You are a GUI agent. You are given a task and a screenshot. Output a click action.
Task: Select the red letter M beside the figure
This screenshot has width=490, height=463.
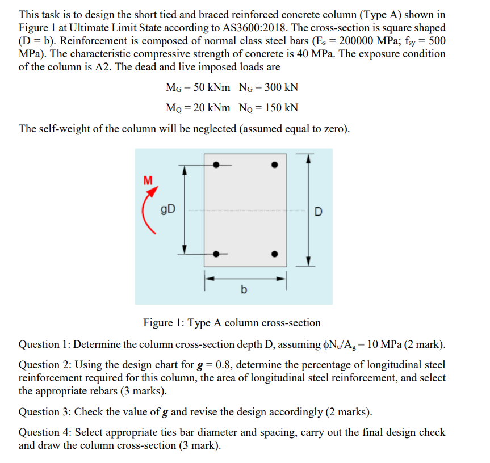(148, 181)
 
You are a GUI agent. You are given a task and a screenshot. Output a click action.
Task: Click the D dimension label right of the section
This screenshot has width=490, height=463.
(318, 212)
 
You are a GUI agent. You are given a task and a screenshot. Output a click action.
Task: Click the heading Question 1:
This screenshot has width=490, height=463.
(44, 344)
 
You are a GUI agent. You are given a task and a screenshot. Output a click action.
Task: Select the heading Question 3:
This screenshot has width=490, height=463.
(44, 412)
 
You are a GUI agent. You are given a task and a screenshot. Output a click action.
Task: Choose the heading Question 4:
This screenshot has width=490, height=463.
(44, 432)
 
